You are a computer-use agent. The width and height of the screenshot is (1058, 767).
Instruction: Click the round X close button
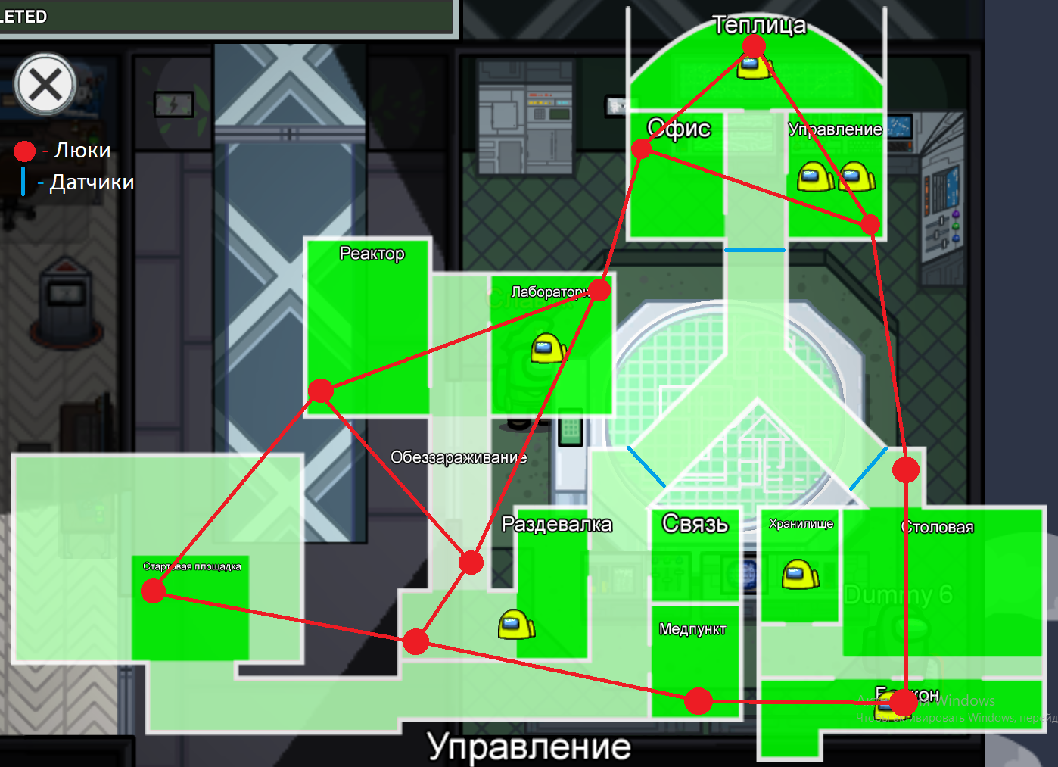(x=45, y=84)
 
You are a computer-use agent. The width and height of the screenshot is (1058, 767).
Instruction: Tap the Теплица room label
(x=759, y=25)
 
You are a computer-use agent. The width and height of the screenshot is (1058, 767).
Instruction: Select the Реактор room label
(x=372, y=254)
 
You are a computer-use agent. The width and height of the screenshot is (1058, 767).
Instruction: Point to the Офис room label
(x=679, y=129)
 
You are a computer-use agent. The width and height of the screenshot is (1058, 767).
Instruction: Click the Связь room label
(x=695, y=523)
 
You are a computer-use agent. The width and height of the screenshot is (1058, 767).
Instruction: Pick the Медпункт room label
(x=692, y=629)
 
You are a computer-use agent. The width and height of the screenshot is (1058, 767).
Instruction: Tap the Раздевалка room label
(x=556, y=524)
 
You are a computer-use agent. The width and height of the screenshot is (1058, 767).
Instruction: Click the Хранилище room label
(x=801, y=524)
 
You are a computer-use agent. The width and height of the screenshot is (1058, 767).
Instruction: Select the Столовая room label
(x=937, y=527)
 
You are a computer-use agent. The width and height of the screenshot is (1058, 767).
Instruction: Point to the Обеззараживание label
(x=459, y=457)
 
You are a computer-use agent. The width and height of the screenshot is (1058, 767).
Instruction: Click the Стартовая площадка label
(x=192, y=566)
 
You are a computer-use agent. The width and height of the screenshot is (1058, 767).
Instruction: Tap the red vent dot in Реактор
(x=321, y=391)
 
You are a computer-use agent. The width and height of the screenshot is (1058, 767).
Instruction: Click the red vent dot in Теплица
(x=754, y=46)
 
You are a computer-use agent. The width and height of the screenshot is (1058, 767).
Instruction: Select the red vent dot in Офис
(x=642, y=149)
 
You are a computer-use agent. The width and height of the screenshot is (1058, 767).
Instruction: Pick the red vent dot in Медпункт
(x=698, y=701)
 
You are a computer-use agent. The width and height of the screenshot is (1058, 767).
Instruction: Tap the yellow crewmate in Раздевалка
(x=517, y=625)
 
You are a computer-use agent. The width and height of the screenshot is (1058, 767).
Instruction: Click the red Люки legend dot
(x=25, y=151)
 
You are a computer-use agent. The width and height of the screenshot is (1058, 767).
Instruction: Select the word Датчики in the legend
(x=92, y=182)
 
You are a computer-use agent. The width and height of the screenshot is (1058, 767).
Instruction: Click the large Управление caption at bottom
(x=529, y=747)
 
